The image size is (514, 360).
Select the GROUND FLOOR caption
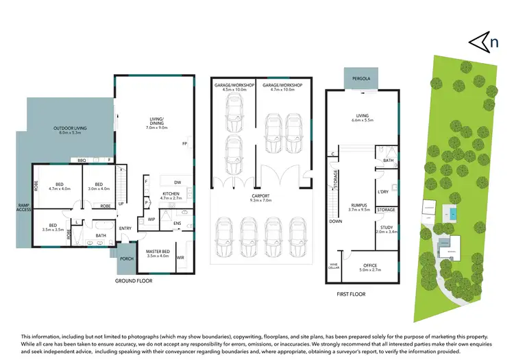[134, 280]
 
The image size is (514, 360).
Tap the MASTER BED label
[158, 253]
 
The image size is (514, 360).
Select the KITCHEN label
[171, 195]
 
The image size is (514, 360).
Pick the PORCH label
[127, 259]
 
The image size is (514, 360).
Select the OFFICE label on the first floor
[369, 266]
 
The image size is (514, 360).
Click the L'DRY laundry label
[382, 192]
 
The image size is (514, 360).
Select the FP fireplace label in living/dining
[184, 143]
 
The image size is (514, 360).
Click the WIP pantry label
[151, 219]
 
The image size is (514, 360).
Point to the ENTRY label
[126, 228]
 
